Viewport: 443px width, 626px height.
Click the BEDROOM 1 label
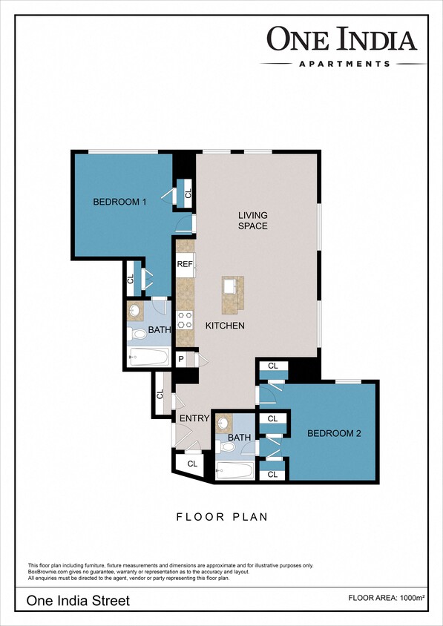tap(119, 202)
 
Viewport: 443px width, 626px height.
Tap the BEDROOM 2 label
tap(335, 434)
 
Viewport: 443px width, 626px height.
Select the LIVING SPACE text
tap(252, 220)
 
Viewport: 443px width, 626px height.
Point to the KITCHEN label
tap(225, 326)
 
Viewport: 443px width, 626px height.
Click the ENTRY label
tap(194, 419)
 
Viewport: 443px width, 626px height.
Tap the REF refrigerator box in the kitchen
tap(185, 264)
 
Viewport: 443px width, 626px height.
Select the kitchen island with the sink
tap(231, 293)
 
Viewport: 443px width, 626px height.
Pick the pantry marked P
tap(181, 359)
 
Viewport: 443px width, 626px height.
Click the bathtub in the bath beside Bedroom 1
tap(147, 358)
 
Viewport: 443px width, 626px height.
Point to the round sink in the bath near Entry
tap(223, 424)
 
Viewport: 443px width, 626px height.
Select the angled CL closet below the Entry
tap(191, 464)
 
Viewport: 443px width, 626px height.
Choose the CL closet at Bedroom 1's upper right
tap(187, 194)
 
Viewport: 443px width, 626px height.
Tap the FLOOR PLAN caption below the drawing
tap(221, 516)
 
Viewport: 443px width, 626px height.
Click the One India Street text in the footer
tap(78, 600)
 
